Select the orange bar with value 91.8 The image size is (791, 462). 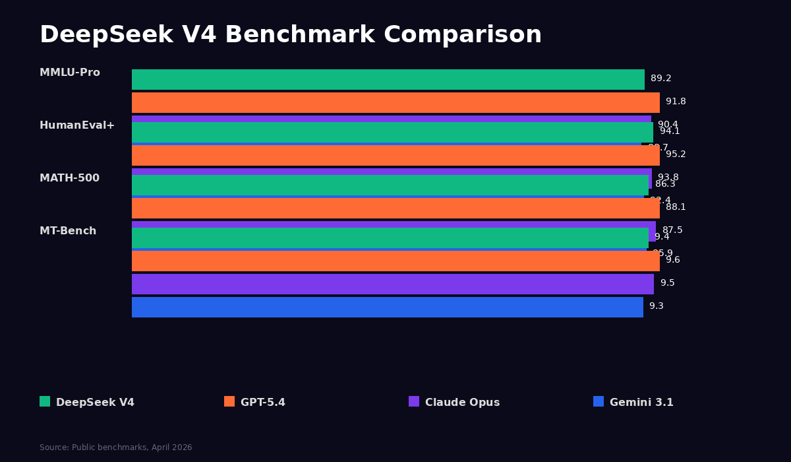[395, 102]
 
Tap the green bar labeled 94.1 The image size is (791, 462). [392, 132]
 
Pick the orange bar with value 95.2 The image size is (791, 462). [395, 155]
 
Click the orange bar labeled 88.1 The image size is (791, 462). [395, 208]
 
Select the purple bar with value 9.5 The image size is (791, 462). [393, 284]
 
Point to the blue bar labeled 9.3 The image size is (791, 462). [388, 307]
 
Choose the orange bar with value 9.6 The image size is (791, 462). [395, 261]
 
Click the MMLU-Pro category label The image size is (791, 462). [70, 73]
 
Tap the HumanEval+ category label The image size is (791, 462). [77, 125]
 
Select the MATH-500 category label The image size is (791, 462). [69, 178]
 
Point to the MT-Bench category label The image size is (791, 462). [68, 231]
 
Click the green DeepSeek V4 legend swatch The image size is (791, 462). [45, 401]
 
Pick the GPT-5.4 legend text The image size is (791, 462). [262, 402]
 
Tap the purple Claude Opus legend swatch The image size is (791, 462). [414, 401]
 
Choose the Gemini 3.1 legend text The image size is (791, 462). [641, 402]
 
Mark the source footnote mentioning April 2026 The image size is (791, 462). [116, 447]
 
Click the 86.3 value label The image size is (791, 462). [665, 184]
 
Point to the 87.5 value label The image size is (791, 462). [672, 230]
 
